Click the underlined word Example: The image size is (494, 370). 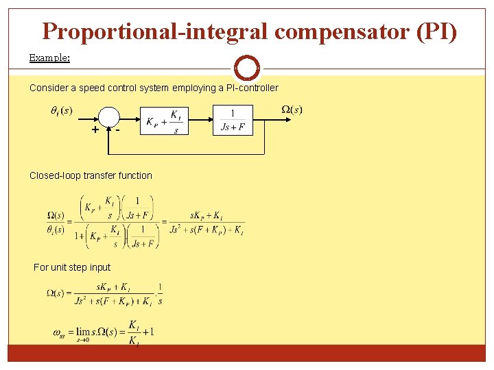pos(49,58)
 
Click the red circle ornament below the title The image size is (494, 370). pos(247,68)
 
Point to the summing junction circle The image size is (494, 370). pos(108,117)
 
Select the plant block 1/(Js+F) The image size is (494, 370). pos(233,121)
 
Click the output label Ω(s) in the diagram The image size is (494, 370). pos(292,110)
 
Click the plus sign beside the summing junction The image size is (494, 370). pos(94,130)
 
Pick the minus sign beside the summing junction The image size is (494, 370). pos(118,129)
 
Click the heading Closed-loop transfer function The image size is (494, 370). pos(91,175)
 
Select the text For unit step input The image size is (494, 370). pos(72,267)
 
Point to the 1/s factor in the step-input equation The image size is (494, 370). pos(160,293)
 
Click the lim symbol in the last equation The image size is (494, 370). pos(84,332)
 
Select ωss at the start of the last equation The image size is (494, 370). pos(60,334)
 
